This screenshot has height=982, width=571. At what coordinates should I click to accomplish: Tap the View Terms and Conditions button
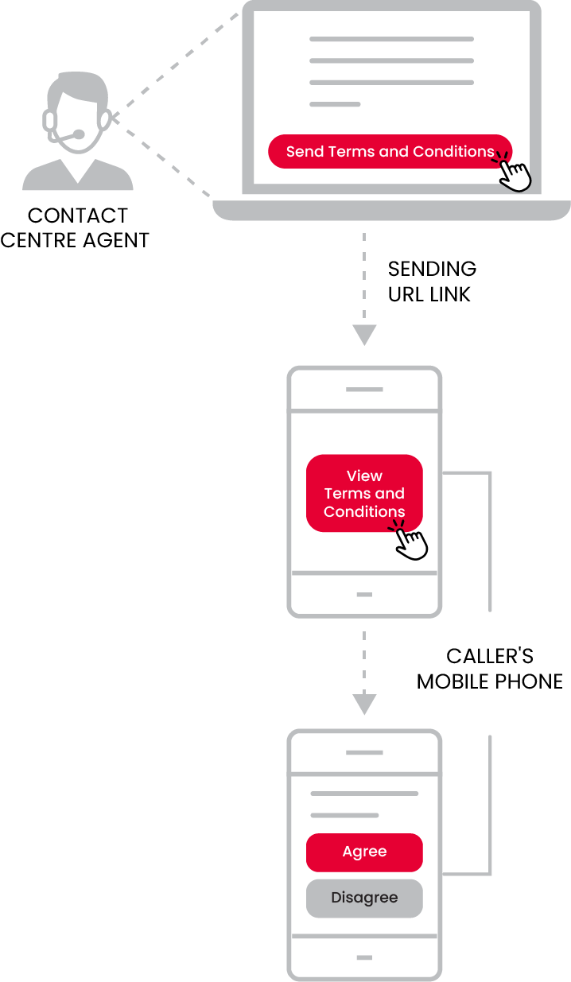[364, 493]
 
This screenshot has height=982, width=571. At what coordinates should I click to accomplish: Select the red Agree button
[364, 852]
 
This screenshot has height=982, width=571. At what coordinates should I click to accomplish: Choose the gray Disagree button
[364, 899]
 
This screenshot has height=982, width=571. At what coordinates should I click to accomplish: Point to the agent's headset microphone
[79, 134]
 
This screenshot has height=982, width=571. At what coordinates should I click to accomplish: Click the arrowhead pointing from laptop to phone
[364, 335]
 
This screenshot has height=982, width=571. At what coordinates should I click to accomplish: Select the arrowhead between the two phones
[364, 704]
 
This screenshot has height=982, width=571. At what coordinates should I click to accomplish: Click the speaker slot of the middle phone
[364, 390]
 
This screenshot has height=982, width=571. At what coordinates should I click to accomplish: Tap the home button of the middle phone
[364, 595]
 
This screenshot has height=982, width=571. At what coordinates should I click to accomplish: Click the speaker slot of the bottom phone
[364, 752]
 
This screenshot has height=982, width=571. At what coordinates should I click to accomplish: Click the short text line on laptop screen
[335, 104]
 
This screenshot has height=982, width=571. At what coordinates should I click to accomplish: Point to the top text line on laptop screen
[391, 39]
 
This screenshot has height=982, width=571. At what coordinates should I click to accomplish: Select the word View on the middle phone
[364, 475]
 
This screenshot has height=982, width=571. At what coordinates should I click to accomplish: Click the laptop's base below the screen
[391, 210]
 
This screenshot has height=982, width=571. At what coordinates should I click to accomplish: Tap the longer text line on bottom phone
[364, 794]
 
